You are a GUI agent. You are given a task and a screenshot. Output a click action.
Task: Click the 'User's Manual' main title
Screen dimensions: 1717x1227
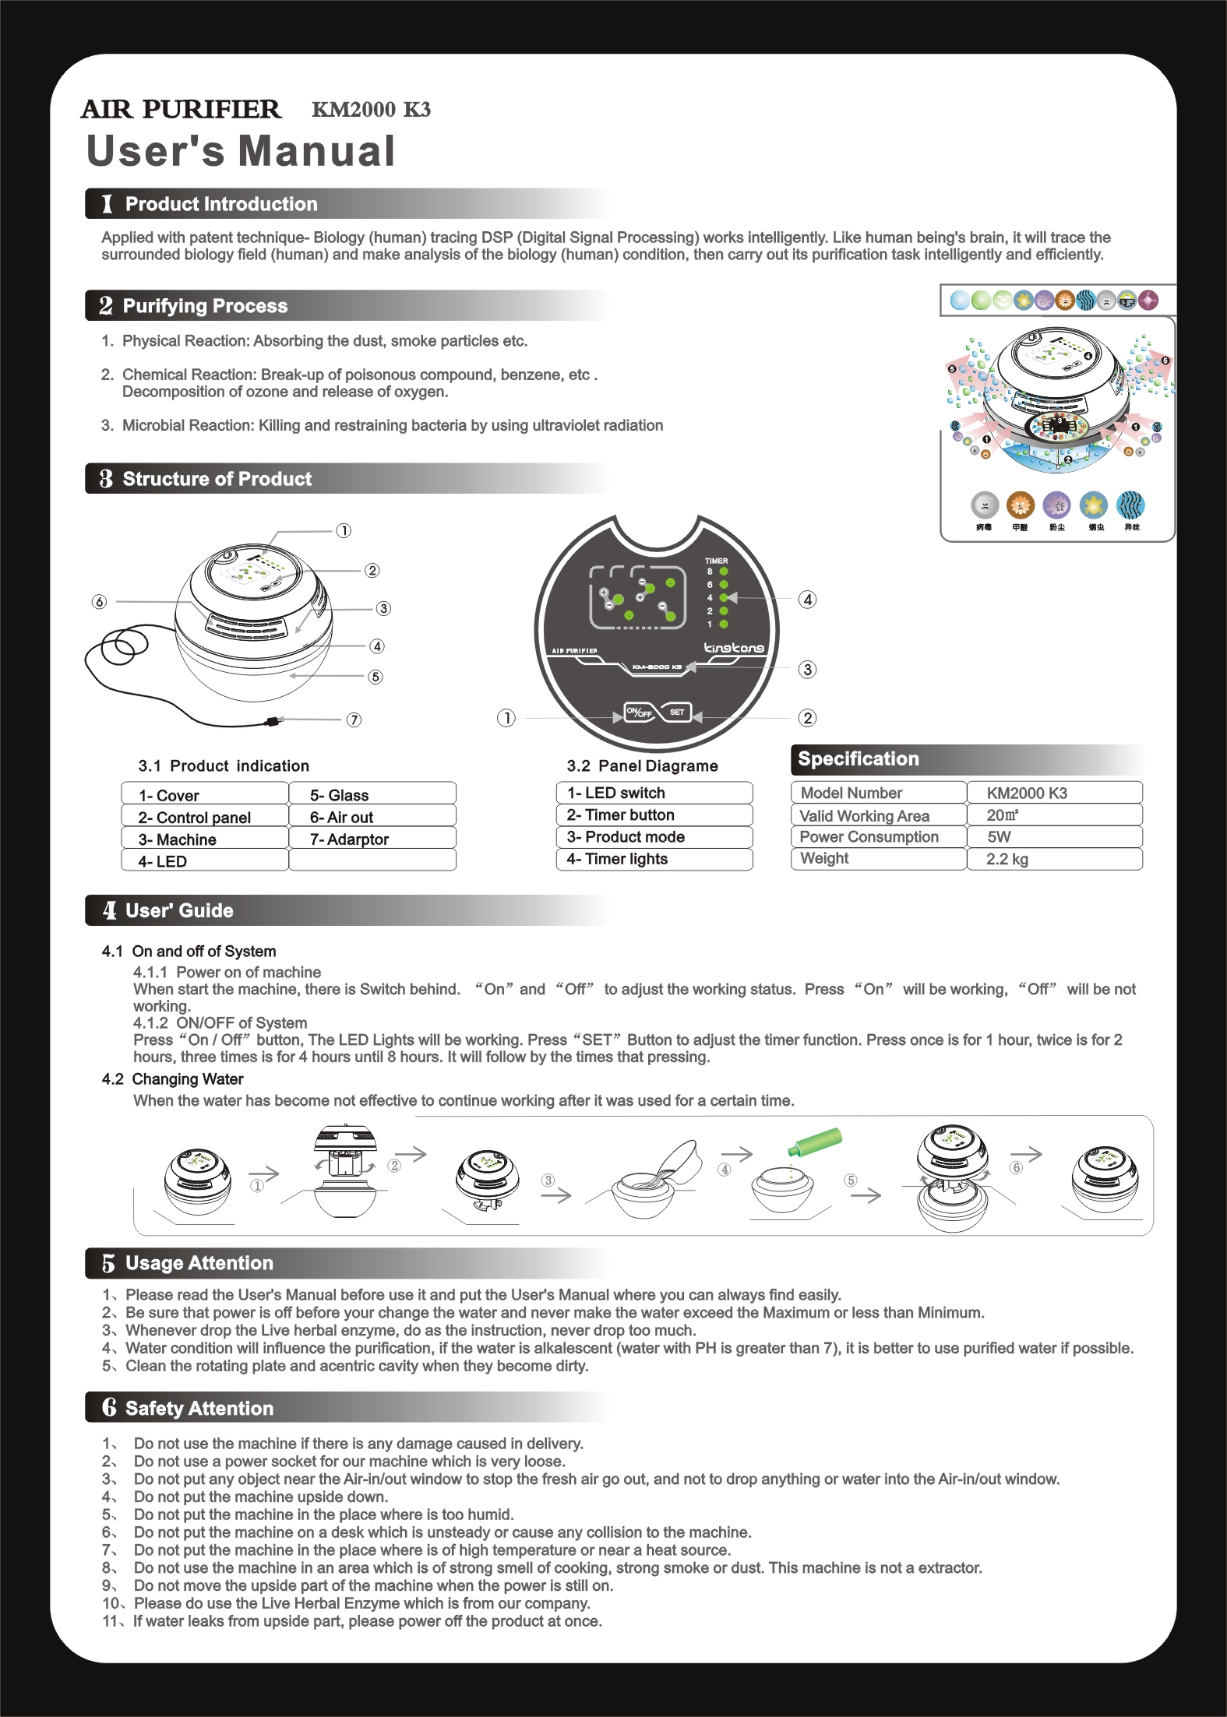(241, 151)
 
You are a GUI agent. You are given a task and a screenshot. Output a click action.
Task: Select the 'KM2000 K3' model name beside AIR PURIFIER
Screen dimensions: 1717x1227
(371, 110)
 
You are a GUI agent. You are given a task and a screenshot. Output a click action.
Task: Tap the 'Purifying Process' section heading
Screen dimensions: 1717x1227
(205, 306)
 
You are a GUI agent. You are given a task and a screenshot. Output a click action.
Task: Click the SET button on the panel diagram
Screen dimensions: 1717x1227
(677, 712)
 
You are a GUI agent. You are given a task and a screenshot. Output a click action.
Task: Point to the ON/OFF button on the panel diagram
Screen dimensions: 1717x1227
(639, 712)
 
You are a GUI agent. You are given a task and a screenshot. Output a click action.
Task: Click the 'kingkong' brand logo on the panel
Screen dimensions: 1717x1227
(733, 648)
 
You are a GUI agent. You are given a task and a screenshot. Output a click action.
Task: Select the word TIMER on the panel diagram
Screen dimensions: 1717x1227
(716, 561)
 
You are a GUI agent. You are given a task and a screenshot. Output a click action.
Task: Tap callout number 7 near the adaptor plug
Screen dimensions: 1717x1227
(354, 720)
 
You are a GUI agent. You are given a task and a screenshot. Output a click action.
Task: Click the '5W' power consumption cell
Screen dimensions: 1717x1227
(999, 837)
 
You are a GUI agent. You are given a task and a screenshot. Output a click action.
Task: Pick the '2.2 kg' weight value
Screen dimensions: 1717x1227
(1007, 859)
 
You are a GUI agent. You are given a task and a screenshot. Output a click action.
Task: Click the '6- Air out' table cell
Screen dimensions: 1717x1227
(341, 818)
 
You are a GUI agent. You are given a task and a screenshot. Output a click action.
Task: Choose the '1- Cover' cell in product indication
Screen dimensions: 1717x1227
(169, 796)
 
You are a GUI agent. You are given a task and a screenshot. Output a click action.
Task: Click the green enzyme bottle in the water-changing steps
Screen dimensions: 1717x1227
(815, 1142)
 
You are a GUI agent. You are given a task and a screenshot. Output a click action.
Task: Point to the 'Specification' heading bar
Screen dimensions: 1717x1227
(858, 759)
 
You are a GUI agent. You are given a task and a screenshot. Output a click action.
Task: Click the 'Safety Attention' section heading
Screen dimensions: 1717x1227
(199, 1408)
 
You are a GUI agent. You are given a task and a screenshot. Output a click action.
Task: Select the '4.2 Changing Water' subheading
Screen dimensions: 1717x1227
(172, 1079)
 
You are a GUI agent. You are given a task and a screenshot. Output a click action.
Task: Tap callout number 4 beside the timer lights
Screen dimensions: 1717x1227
(808, 600)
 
